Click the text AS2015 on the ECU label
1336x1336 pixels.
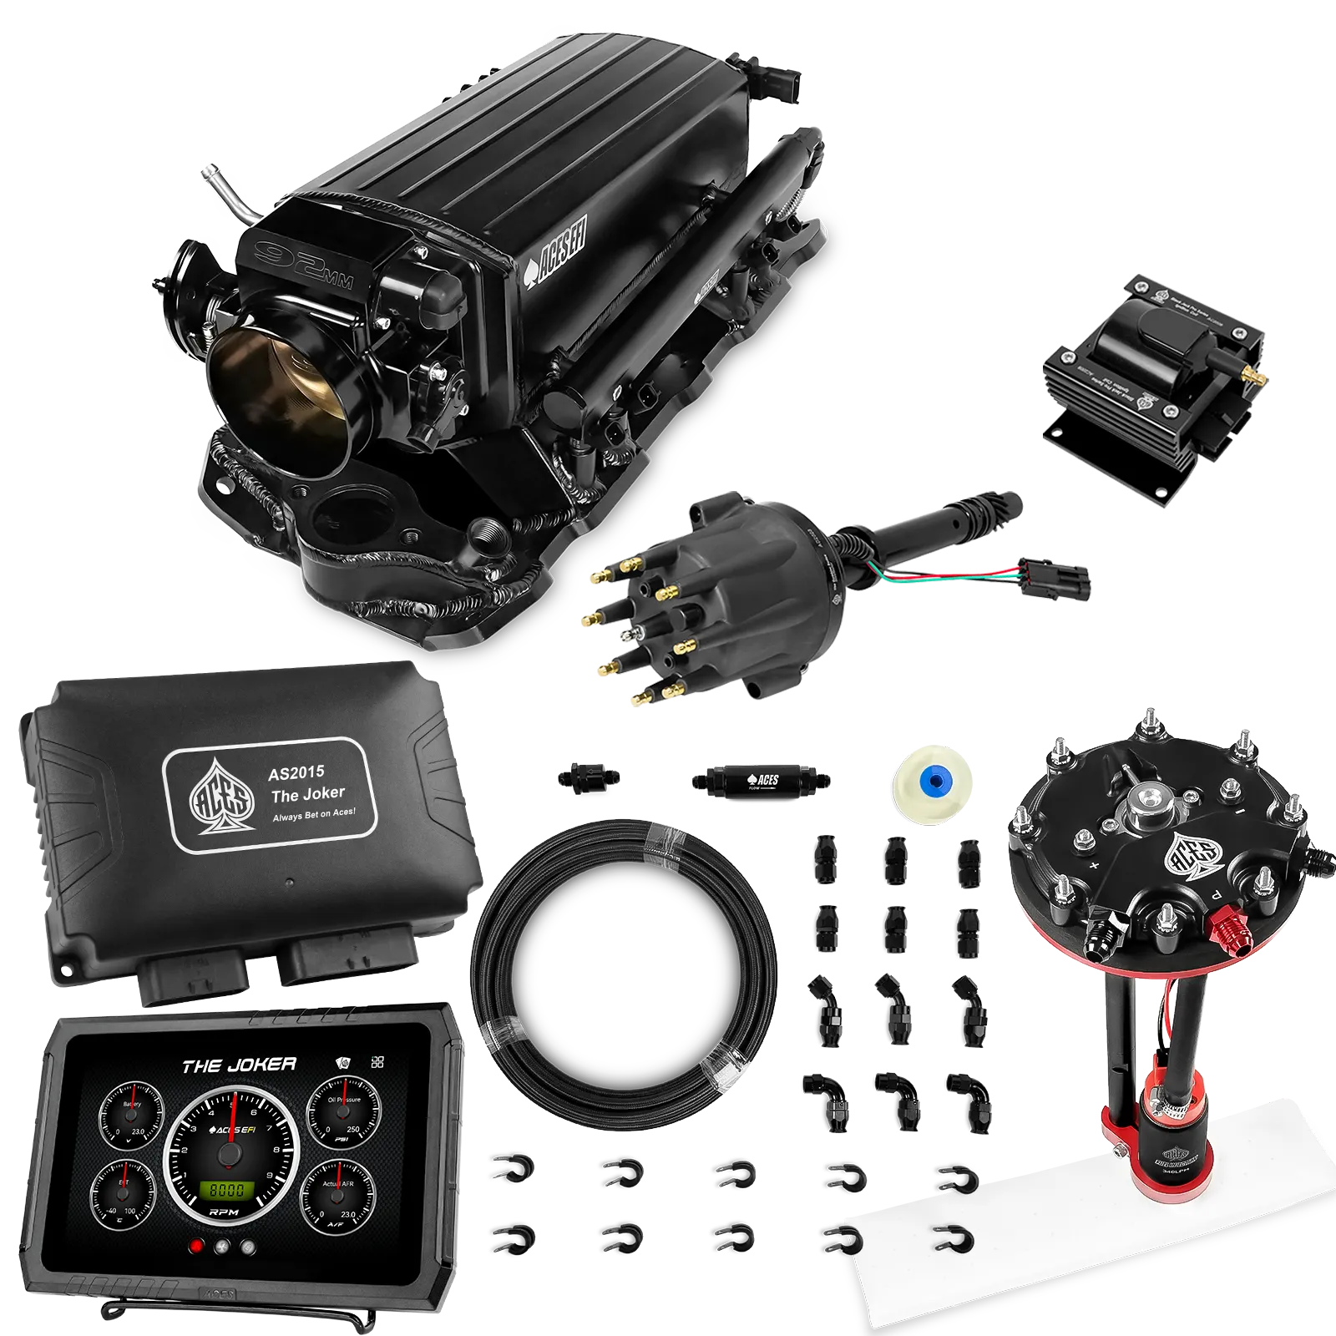(x=296, y=772)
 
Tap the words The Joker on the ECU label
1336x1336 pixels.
(x=307, y=794)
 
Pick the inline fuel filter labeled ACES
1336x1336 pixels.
(x=757, y=780)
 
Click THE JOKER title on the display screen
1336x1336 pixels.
(x=239, y=1065)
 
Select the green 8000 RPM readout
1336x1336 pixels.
(x=226, y=1190)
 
